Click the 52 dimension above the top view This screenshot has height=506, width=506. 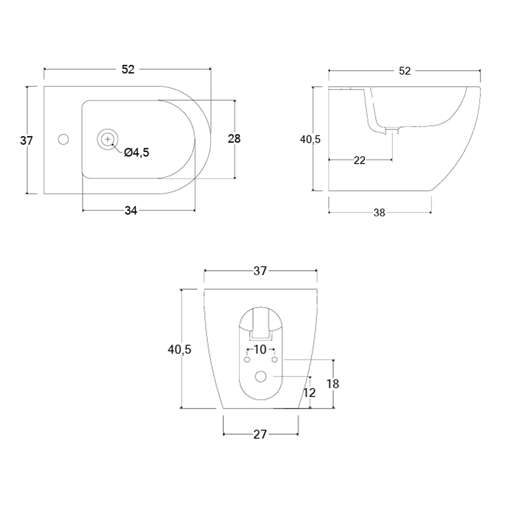pyautogui.click(x=128, y=69)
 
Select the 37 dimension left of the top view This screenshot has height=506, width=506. pyautogui.click(x=26, y=140)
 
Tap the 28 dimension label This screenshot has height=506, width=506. pyautogui.click(x=234, y=139)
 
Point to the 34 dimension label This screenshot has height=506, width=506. pyautogui.click(x=131, y=211)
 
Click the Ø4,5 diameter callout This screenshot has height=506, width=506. pyautogui.click(x=137, y=153)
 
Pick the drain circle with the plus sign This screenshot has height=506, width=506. pyautogui.click(x=108, y=139)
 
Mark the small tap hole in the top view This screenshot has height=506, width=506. pyautogui.click(x=63, y=139)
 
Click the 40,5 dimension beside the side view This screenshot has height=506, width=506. pyautogui.click(x=310, y=139)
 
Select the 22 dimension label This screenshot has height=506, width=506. pyautogui.click(x=359, y=160)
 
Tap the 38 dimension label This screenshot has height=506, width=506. pyautogui.click(x=379, y=213)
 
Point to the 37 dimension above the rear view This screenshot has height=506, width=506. pyautogui.click(x=260, y=271)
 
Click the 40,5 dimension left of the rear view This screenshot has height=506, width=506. pyautogui.click(x=179, y=350)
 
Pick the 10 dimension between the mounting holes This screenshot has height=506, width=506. pyautogui.click(x=260, y=349)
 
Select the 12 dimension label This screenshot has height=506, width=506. pyautogui.click(x=309, y=393)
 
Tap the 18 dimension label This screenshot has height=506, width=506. pyautogui.click(x=333, y=384)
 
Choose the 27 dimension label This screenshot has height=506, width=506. pyautogui.click(x=260, y=434)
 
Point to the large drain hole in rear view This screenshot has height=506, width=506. pyautogui.click(x=261, y=376)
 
